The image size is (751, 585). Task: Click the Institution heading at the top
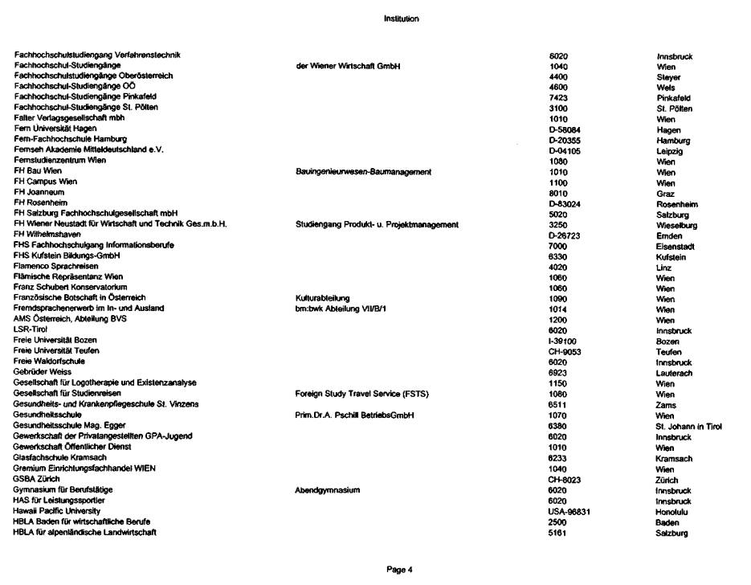401,18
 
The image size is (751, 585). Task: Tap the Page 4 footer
399,570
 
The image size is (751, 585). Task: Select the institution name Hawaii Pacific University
57,511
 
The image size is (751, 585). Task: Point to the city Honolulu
672,511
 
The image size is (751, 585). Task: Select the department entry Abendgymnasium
328,490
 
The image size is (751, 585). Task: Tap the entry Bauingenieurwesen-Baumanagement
364,171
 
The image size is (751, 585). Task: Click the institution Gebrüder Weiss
43,374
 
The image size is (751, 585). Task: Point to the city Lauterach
674,374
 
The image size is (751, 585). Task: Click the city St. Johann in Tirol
688,427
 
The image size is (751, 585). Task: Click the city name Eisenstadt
675,246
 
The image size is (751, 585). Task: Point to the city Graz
665,193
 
